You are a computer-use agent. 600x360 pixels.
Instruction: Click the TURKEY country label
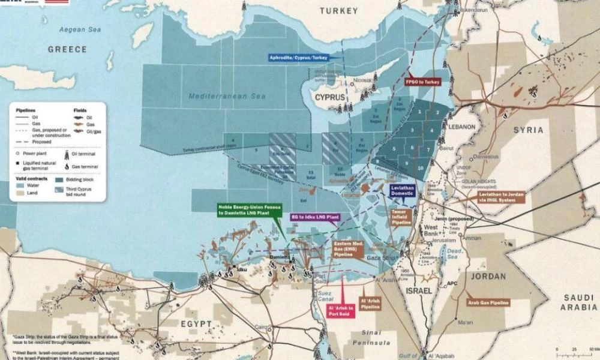coord(338,11)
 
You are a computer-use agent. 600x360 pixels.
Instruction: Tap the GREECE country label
coord(67,49)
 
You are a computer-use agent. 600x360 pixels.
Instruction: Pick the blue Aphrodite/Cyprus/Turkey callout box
coord(298,57)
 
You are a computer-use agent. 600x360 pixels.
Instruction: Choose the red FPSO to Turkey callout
coord(423,81)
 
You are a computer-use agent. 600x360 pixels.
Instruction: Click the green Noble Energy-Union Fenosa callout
coord(251,210)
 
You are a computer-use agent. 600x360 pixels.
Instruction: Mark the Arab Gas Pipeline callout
coord(488,303)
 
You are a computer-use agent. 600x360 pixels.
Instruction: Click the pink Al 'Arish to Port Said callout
coord(341,310)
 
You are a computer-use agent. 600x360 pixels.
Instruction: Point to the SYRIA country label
coord(528,130)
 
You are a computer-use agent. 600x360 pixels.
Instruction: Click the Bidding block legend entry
coord(80,179)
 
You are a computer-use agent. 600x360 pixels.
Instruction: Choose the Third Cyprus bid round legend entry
coord(80,192)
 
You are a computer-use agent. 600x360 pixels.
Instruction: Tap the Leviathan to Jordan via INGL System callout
coord(502,197)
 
